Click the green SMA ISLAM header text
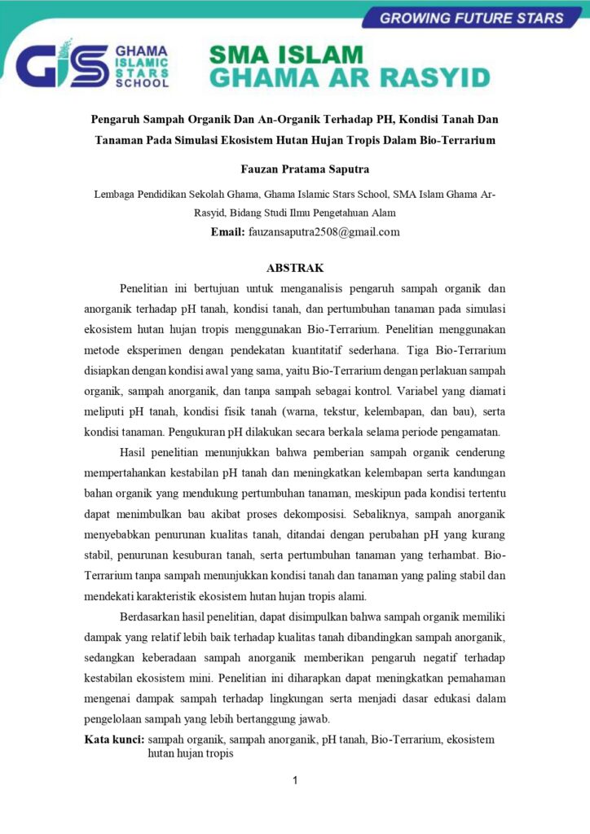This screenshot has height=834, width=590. pyautogui.click(x=285, y=55)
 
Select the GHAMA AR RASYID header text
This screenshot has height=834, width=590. pyautogui.click(x=350, y=78)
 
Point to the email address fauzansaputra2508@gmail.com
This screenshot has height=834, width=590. pyautogui.click(x=324, y=232)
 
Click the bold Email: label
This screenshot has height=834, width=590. pyautogui.click(x=227, y=232)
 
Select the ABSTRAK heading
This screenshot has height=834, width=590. pyautogui.click(x=295, y=268)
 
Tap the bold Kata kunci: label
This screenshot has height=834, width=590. pyautogui.click(x=115, y=740)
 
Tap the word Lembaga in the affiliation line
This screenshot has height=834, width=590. pyautogui.click(x=116, y=195)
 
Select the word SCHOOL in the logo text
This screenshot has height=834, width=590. pyautogui.click(x=143, y=82)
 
